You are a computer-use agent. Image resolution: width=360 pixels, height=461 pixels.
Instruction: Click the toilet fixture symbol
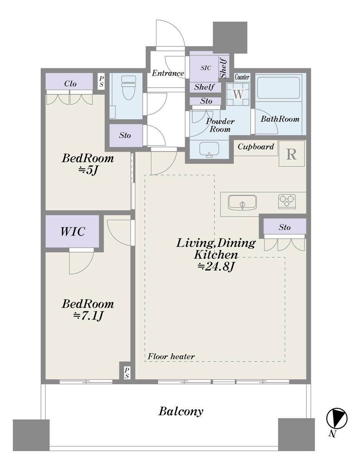click(x=129, y=88)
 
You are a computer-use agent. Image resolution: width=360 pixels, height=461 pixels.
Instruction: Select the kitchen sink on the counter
click(x=242, y=203)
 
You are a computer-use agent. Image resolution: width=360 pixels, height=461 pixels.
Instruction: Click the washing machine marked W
click(x=238, y=94)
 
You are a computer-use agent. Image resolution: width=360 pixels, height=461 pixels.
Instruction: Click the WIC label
click(x=73, y=231)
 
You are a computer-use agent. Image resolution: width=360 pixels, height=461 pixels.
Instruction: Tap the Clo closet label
click(x=70, y=84)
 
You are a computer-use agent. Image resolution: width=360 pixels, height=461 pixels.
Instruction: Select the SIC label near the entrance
click(x=206, y=68)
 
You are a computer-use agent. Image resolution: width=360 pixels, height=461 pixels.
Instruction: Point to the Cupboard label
click(x=256, y=146)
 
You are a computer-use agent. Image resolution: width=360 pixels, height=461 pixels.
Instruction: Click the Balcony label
click(x=181, y=412)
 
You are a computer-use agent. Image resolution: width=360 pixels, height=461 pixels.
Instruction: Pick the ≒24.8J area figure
click(x=216, y=267)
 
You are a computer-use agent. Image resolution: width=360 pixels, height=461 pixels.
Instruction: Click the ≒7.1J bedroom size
click(x=88, y=316)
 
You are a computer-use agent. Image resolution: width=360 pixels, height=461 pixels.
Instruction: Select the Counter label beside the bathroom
click(x=242, y=77)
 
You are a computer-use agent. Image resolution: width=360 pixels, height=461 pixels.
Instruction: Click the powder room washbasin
click(x=209, y=149)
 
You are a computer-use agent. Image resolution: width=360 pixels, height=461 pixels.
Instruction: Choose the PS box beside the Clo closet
click(x=102, y=82)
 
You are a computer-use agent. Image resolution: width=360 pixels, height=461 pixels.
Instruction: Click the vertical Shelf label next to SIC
click(x=223, y=67)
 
